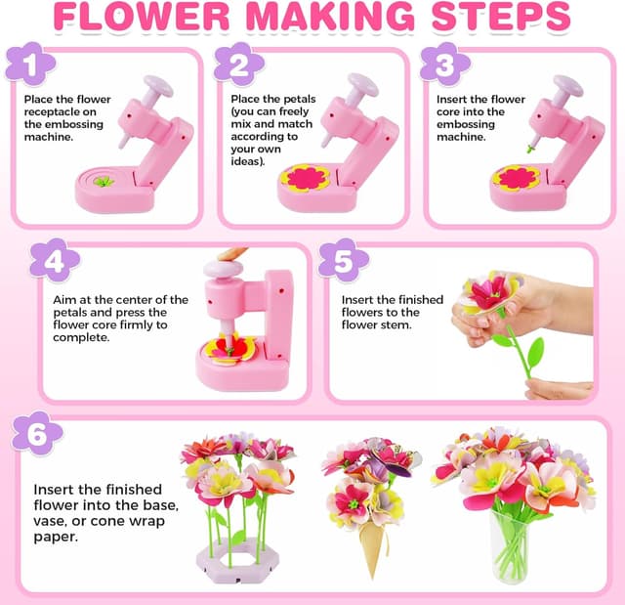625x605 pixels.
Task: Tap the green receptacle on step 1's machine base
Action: coord(103,181)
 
